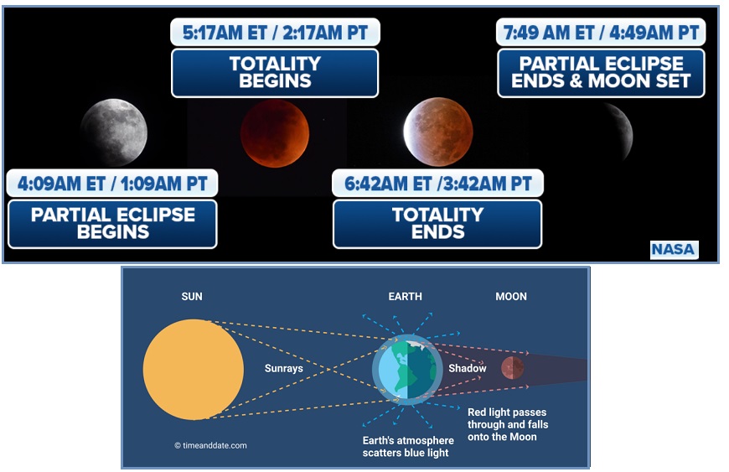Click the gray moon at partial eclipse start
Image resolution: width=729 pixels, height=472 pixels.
point(114,132)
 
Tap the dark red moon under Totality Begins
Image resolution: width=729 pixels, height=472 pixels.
point(274,133)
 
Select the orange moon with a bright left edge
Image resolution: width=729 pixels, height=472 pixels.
point(438,132)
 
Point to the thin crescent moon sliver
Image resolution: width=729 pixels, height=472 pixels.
point(623,131)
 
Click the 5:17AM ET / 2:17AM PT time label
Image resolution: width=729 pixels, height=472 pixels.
point(275,33)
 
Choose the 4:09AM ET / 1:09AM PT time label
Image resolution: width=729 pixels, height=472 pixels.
point(112,184)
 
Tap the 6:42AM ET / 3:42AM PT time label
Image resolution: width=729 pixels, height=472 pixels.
point(437,184)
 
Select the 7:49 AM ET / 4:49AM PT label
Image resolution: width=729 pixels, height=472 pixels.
point(601,33)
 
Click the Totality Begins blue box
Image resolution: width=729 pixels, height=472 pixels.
point(275,73)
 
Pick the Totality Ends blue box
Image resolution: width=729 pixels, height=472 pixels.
point(437,224)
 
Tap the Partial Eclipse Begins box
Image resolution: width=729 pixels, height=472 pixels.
point(112,224)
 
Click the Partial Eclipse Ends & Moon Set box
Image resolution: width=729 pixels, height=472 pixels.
point(601,73)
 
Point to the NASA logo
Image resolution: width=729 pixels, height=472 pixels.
point(674,250)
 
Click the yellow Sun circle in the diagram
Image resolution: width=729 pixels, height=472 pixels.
point(193,369)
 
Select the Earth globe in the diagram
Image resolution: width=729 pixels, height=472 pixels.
point(407,370)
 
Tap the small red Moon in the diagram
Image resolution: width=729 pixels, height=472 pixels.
point(512,368)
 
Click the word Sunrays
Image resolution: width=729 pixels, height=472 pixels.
point(283,368)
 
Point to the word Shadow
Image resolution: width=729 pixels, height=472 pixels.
point(468,368)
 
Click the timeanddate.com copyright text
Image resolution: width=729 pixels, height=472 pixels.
point(210,445)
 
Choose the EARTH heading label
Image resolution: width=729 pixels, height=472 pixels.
point(406,297)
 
